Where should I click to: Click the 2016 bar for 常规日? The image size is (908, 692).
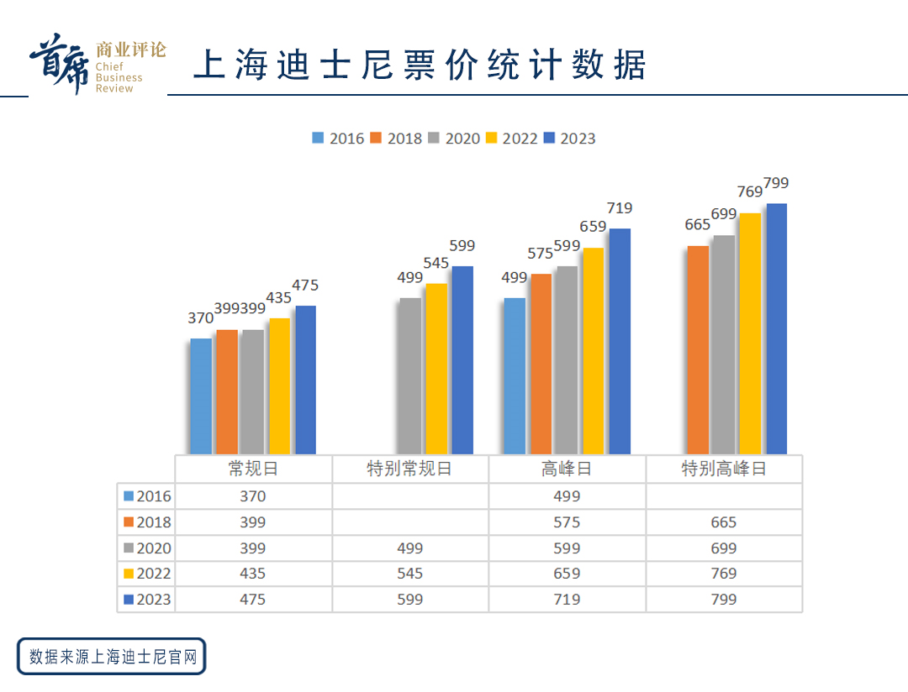coord(201,396)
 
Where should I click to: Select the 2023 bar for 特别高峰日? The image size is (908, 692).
coord(776,329)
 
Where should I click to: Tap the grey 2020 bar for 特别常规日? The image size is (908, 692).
coord(409,376)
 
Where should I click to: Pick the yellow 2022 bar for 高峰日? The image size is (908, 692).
coord(593,351)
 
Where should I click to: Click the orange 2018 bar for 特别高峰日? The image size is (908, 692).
coord(698,350)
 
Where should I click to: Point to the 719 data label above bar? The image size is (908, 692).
coord(619,208)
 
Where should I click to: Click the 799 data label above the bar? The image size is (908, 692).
coord(775,183)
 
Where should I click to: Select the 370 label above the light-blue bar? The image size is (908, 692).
coord(200,318)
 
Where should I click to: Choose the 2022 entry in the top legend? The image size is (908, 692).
coord(512,139)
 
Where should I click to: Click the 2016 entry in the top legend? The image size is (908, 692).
coord(338,139)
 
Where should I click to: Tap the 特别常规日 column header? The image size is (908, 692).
coord(409,469)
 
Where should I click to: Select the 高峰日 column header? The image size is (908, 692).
coord(567,469)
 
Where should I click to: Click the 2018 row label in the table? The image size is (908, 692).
coord(147,522)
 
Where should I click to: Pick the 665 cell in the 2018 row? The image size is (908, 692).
coord(723,522)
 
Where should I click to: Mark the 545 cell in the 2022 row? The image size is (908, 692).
coord(409,574)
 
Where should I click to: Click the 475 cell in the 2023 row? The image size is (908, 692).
coord(252,600)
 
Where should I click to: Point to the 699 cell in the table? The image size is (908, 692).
coord(723,548)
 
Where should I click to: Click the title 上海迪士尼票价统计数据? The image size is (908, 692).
coord(420,65)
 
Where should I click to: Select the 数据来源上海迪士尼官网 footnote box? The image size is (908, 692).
coord(112,656)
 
